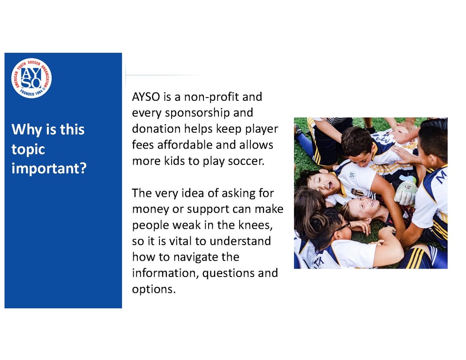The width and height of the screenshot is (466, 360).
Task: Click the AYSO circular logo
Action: pos(31,78)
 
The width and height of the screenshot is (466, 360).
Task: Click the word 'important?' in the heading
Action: pos(49,169)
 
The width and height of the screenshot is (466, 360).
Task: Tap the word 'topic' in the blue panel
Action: pos(28,150)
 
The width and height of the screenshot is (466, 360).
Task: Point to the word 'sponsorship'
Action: pos(197,113)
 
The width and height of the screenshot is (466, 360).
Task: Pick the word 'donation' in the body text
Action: pos(156,129)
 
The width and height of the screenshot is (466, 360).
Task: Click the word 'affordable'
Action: pos(185,145)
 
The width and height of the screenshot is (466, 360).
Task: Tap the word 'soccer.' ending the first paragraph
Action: pos(246,161)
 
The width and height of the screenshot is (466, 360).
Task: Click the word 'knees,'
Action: pos(256,225)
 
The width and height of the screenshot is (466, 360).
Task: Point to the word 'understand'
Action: pos(240,241)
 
